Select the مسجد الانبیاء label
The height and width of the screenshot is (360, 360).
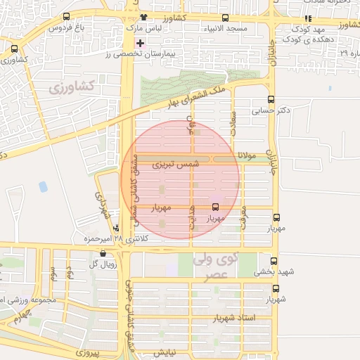pyautogui.click(x=223, y=29)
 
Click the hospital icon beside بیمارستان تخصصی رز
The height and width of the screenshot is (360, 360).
pyautogui.click(x=141, y=43)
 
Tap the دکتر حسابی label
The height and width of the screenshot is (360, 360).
pyautogui.click(x=274, y=110)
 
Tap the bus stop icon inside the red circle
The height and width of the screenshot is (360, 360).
pyautogui.click(x=215, y=207)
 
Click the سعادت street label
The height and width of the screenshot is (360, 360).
pyautogui.click(x=235, y=128)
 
